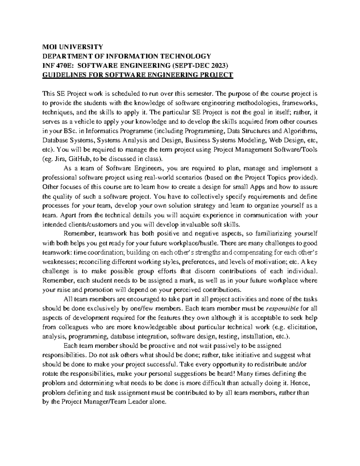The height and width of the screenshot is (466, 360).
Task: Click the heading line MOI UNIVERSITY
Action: (x=72, y=47)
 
